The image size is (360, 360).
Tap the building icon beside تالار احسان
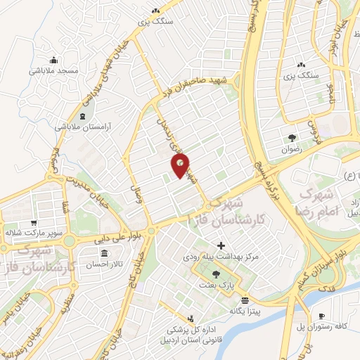(104, 253)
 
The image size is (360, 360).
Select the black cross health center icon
(222, 246)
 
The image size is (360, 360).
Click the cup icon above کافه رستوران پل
(321, 316)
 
